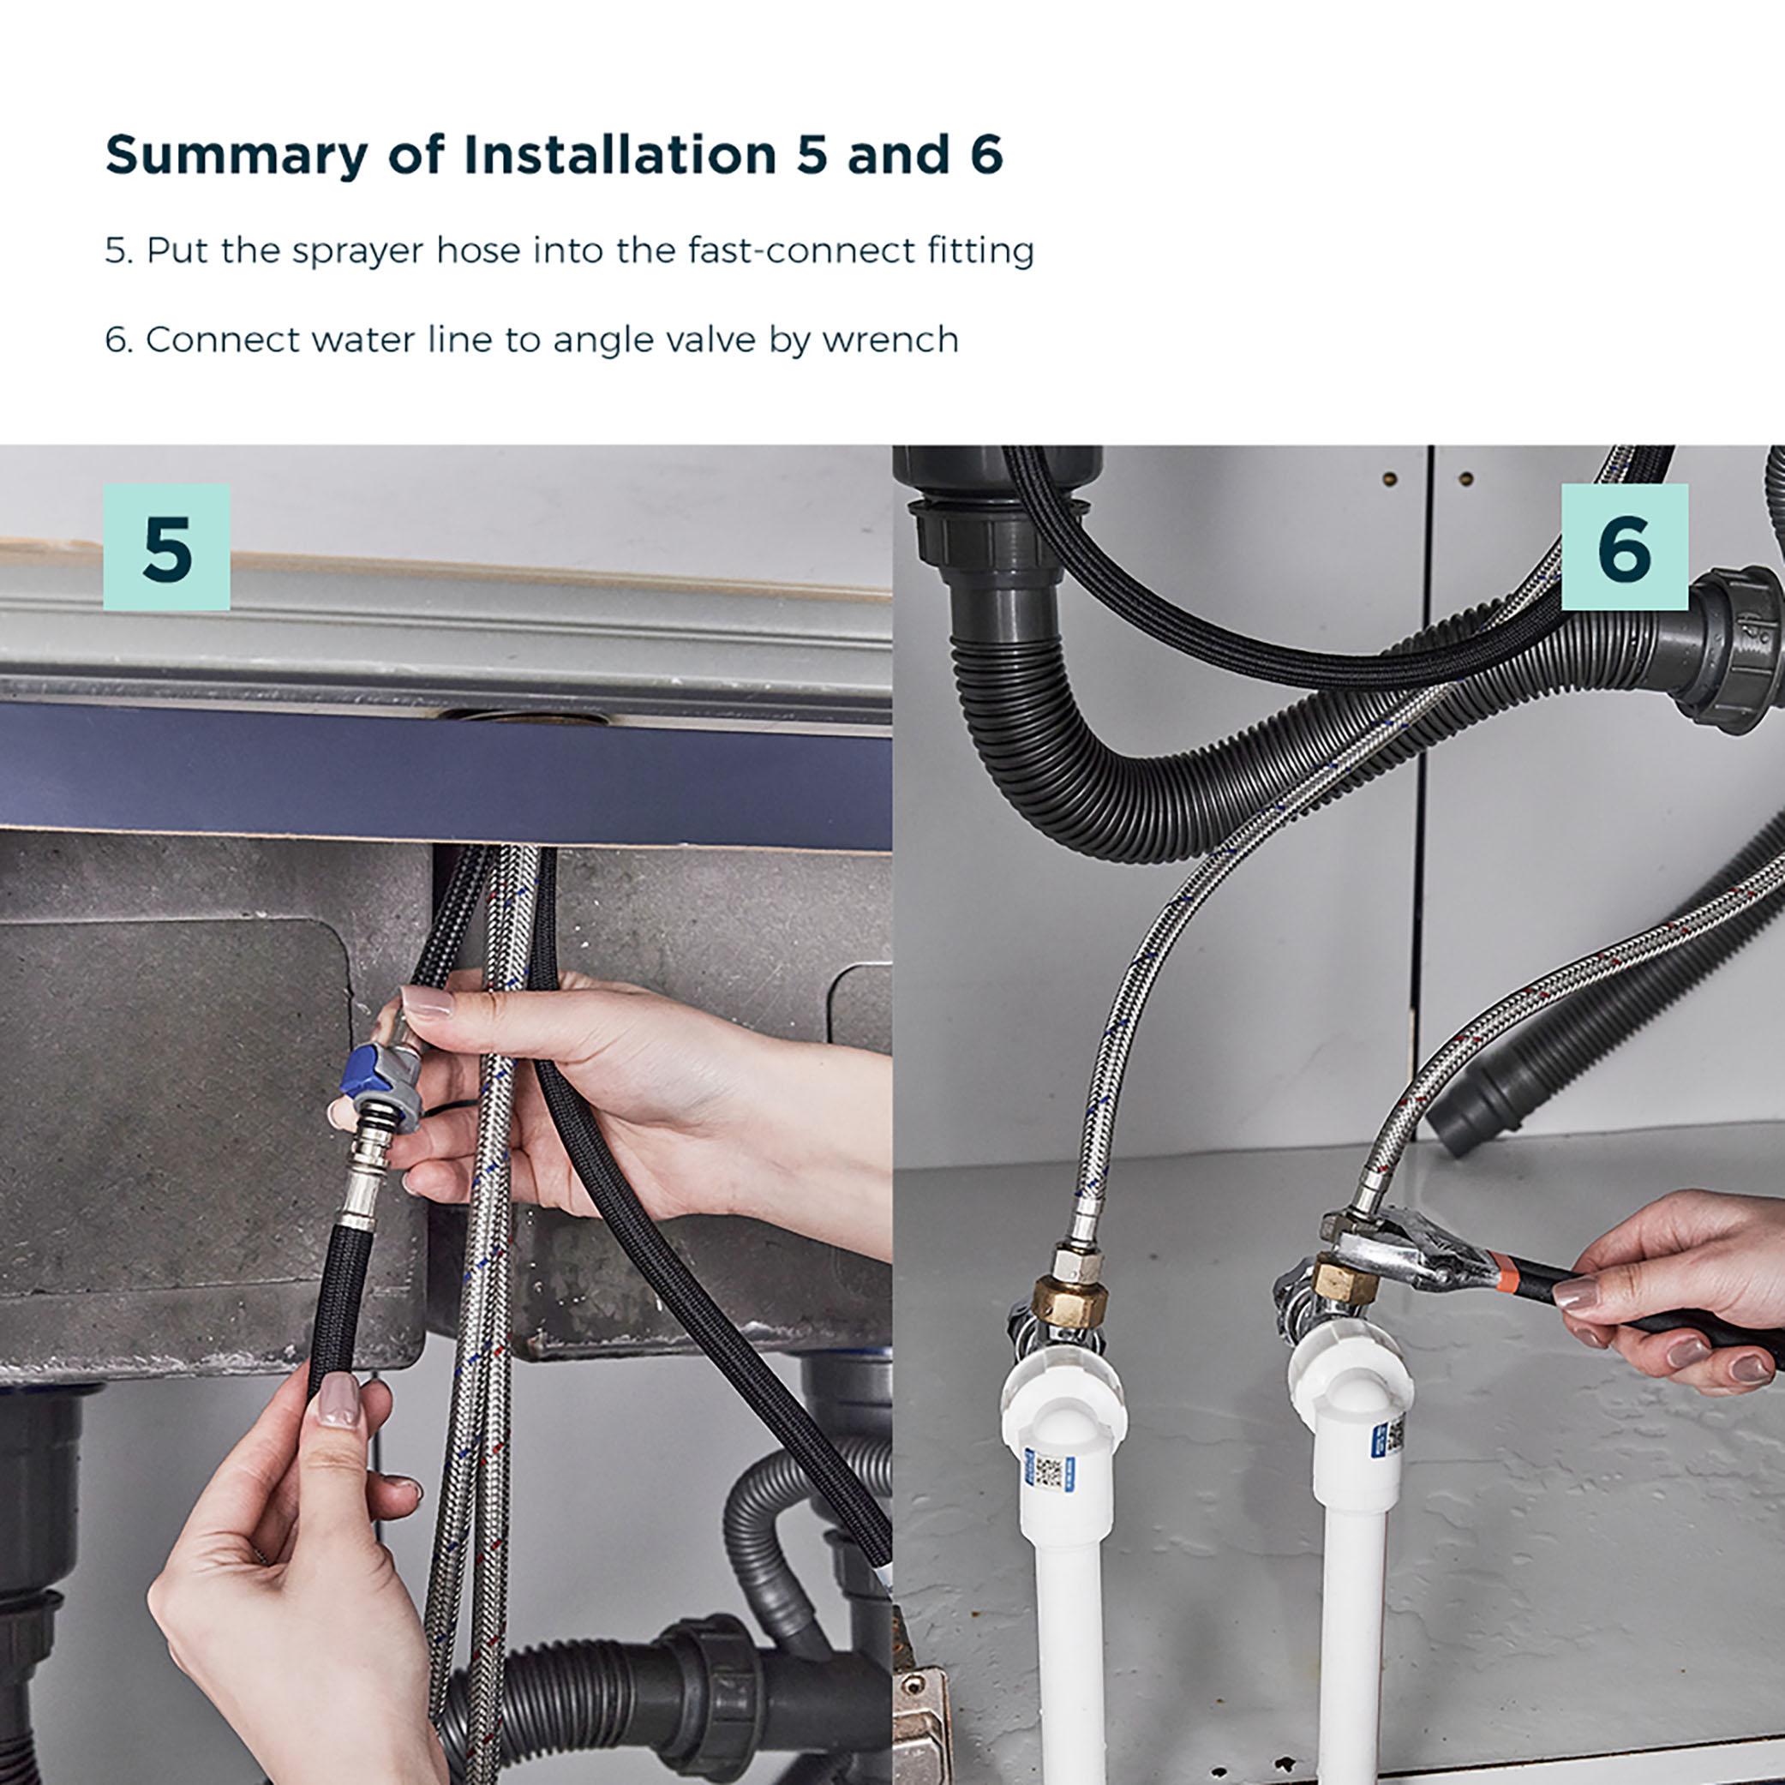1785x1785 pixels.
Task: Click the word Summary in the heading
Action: point(237,155)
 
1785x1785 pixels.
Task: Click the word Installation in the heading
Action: point(620,155)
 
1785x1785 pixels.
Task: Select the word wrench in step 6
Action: point(890,341)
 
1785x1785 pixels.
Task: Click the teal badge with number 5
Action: point(167,547)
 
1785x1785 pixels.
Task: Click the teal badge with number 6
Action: point(1624,547)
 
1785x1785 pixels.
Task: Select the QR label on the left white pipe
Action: point(1047,1470)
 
